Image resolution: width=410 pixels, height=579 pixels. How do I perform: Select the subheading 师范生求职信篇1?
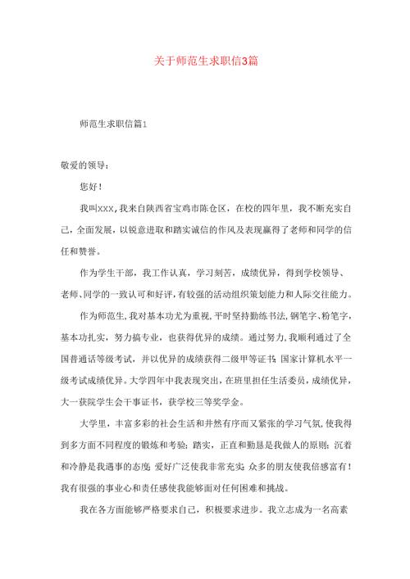click(x=113, y=124)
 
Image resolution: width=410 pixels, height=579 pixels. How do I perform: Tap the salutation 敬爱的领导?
click(x=83, y=165)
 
